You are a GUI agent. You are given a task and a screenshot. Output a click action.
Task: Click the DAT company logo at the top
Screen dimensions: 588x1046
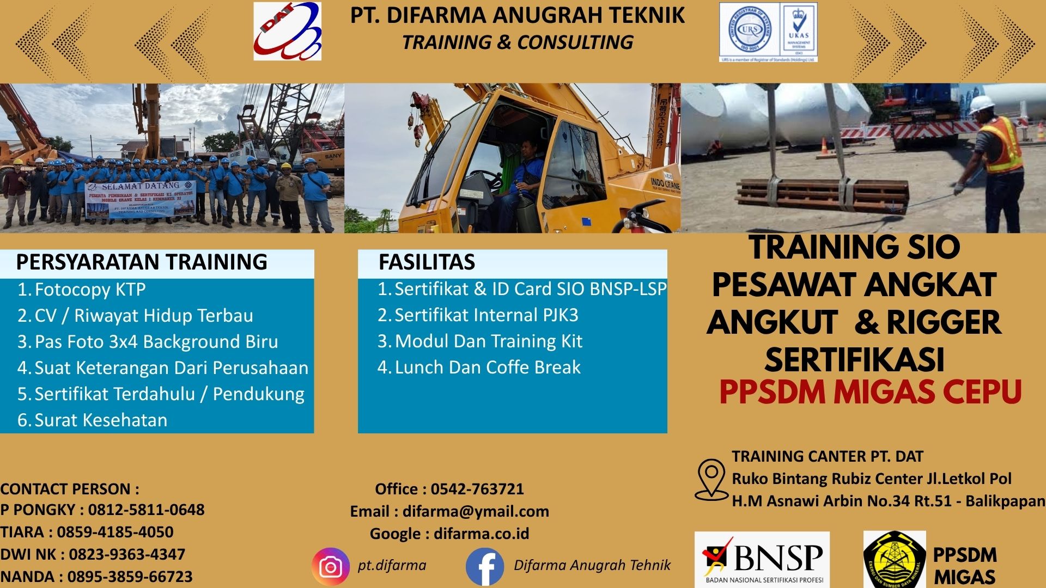[x=287, y=31]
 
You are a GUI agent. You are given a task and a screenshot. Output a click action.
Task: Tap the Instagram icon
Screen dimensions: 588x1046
[x=330, y=567]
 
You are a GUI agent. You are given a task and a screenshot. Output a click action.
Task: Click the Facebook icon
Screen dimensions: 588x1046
[x=484, y=567]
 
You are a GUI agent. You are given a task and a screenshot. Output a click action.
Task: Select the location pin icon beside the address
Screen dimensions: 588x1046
[x=711, y=479]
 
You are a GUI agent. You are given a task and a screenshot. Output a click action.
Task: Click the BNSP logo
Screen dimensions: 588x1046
[x=762, y=559]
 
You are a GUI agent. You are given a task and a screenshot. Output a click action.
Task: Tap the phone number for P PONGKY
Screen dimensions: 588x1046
[x=146, y=510]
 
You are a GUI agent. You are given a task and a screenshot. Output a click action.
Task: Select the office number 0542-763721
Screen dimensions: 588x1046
[x=477, y=489]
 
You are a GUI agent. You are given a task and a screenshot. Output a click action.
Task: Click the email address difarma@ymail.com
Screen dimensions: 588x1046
[x=475, y=511]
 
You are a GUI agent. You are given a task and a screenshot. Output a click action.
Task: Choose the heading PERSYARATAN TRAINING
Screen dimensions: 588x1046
[x=142, y=262]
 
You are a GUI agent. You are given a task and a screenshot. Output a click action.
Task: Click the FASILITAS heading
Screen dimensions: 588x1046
[x=427, y=262]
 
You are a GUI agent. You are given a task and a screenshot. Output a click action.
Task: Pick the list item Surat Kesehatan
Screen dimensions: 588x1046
[x=101, y=420]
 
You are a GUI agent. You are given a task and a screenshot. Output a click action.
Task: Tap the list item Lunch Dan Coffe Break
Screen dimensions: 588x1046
[x=487, y=367]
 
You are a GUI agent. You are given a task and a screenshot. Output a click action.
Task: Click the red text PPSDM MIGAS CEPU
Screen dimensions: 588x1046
[x=870, y=392]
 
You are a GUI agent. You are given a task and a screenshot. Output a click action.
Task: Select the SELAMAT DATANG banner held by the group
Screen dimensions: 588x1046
[x=140, y=199]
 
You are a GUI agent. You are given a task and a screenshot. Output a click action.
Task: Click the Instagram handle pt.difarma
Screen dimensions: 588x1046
[x=392, y=565]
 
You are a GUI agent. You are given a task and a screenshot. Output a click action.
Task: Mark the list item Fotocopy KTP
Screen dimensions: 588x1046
[x=90, y=289]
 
